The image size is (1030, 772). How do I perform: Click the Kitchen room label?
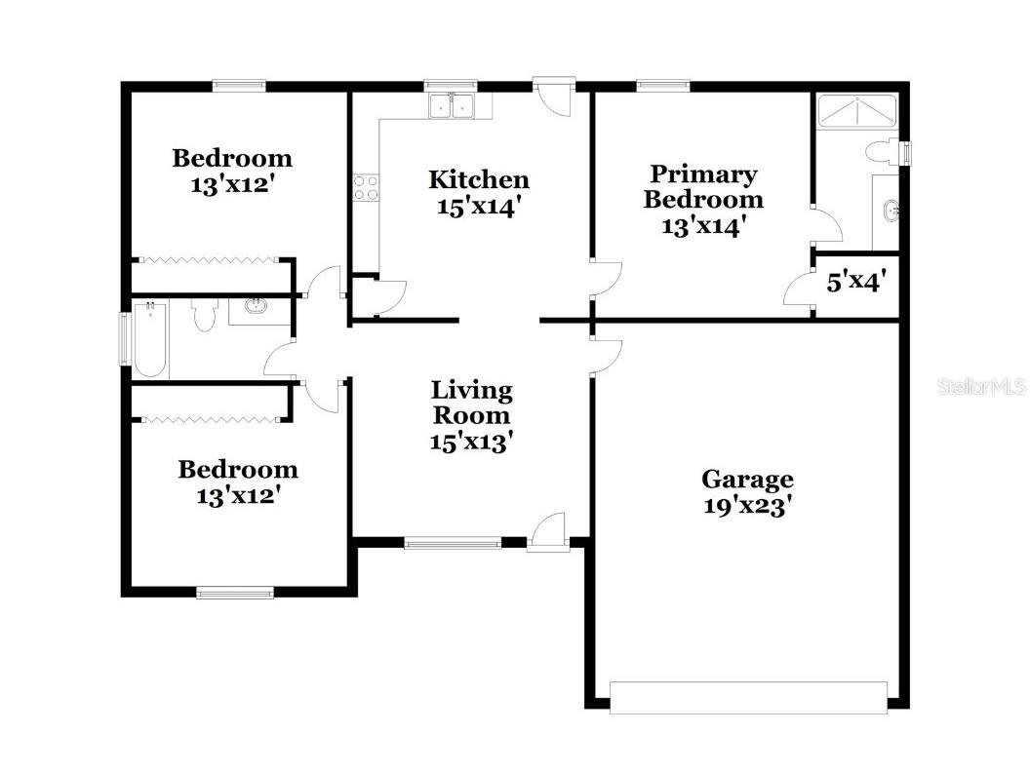click(479, 179)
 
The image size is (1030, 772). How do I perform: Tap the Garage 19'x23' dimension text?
click(747, 507)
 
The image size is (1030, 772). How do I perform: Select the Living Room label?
click(472, 403)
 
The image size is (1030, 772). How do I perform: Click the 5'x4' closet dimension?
click(854, 283)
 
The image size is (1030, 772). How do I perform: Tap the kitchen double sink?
click(451, 105)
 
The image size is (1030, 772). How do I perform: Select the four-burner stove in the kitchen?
click(366, 188)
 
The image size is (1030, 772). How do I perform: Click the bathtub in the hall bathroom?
click(149, 339)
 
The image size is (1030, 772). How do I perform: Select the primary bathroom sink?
click(888, 210)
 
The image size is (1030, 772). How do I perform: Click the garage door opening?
click(748, 697)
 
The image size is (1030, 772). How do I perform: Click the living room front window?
click(453, 543)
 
